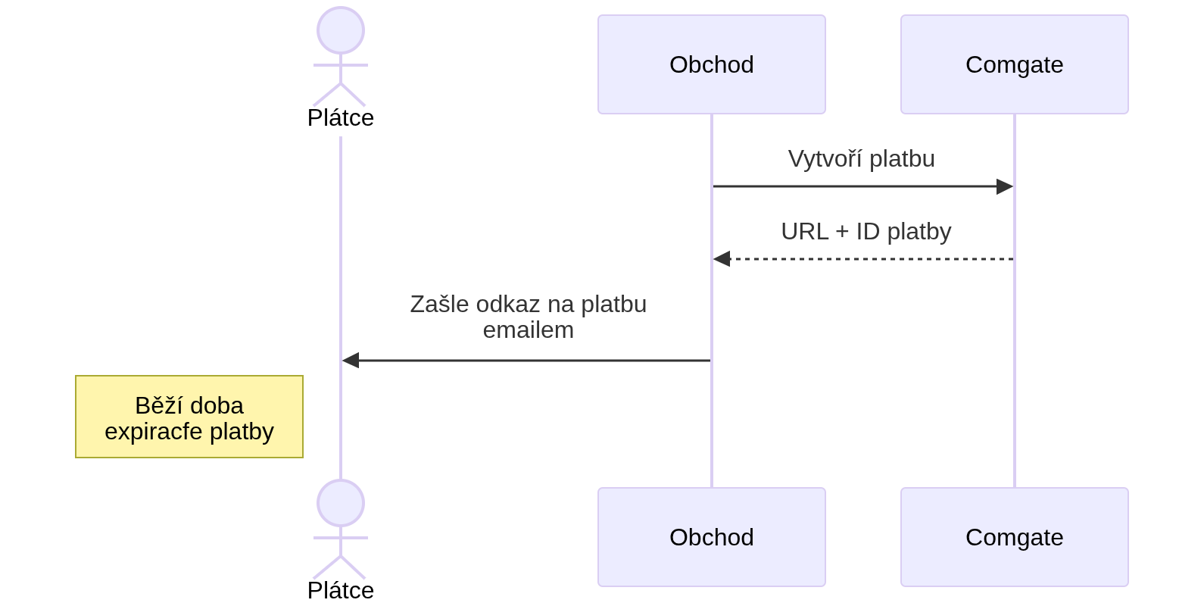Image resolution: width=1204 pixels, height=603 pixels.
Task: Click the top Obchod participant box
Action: pos(711,64)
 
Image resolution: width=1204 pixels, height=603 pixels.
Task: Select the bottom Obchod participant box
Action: pos(711,537)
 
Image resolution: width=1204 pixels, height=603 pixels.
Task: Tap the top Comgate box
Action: pos(1014,64)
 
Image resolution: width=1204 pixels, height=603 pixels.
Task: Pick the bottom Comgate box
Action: pos(1014,537)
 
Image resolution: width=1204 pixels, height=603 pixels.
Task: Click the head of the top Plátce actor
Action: pos(341,30)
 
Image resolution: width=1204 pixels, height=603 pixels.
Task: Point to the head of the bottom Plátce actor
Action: pos(341,503)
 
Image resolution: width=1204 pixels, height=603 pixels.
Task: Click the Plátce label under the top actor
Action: pos(341,118)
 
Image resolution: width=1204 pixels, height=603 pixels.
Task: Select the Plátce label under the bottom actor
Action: pos(341,590)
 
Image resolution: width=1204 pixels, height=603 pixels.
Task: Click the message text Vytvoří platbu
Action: pos(861,159)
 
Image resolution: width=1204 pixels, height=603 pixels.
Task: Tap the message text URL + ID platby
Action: pos(866,232)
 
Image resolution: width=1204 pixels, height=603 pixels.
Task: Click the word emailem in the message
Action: pos(528,330)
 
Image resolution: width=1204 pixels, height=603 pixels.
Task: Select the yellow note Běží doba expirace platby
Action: pos(189,417)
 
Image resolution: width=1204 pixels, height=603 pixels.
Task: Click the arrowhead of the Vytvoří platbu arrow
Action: pos(1006,186)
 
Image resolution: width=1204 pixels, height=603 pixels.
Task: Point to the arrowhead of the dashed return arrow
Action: pos(721,259)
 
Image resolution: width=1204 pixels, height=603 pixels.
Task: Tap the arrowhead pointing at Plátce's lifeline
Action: pos(350,361)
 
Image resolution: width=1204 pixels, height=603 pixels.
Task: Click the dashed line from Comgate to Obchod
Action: pos(871,259)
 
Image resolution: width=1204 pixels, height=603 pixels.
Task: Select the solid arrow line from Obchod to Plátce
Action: pos(530,361)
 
